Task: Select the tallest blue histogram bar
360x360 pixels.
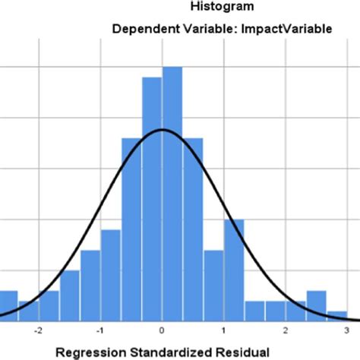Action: click(x=172, y=190)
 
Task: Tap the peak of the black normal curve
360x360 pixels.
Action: click(x=162, y=130)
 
